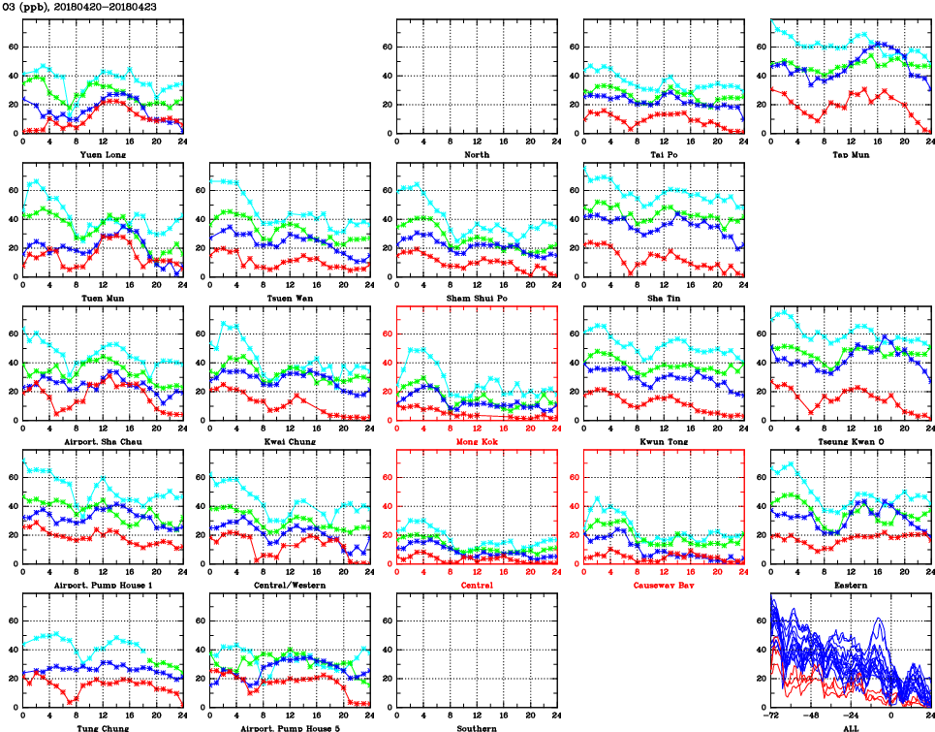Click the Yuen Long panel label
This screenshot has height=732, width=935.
pos(102,154)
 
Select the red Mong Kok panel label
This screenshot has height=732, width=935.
pos(476,441)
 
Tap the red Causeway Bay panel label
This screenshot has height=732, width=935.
pos(664,585)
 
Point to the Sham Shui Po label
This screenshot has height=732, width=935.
pos(476,298)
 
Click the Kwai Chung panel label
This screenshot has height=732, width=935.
pos(289,441)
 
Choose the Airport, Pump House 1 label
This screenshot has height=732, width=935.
pos(102,585)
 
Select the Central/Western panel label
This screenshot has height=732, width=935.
pos(289,585)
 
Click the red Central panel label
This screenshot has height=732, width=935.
pos(476,585)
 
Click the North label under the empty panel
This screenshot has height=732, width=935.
pos(476,154)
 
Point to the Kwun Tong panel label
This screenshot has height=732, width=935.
pos(664,441)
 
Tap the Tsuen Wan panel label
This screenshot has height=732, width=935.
pos(289,298)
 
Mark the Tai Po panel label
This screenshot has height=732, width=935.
pos(664,154)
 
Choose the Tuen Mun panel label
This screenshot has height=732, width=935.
pos(102,298)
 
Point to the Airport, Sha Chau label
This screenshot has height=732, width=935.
pos(102,441)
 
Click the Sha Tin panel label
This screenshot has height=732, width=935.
pos(664,298)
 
